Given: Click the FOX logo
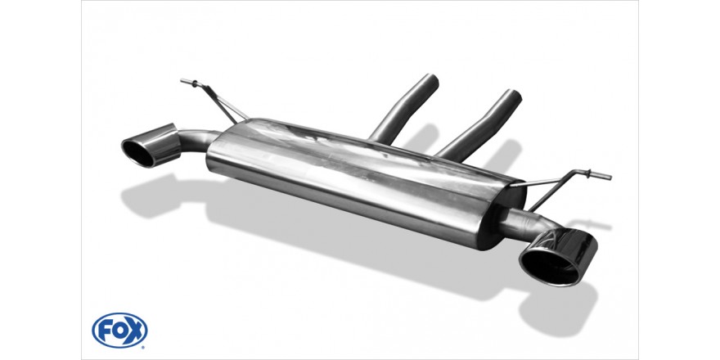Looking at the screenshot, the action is click(x=119, y=331).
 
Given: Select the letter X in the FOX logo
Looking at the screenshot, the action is click(x=135, y=331).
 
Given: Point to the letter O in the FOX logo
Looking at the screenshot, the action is click(x=119, y=331).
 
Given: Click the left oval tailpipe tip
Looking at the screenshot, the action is click(x=151, y=145).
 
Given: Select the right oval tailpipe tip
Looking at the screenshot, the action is click(x=558, y=257).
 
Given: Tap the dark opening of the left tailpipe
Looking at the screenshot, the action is click(x=137, y=153).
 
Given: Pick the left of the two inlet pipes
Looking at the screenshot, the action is click(x=404, y=109).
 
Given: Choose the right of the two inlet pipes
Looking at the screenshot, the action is click(x=479, y=126).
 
